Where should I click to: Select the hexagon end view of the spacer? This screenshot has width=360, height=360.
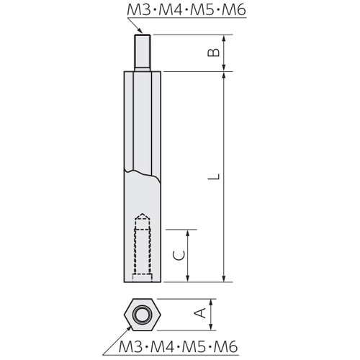pyautogui.click(x=141, y=313)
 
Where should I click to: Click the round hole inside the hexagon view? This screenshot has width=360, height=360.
pyautogui.click(x=141, y=313)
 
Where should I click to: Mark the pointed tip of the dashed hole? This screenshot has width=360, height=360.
pyautogui.click(x=142, y=215)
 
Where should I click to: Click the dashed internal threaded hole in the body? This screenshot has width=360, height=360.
pyautogui.click(x=142, y=248)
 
